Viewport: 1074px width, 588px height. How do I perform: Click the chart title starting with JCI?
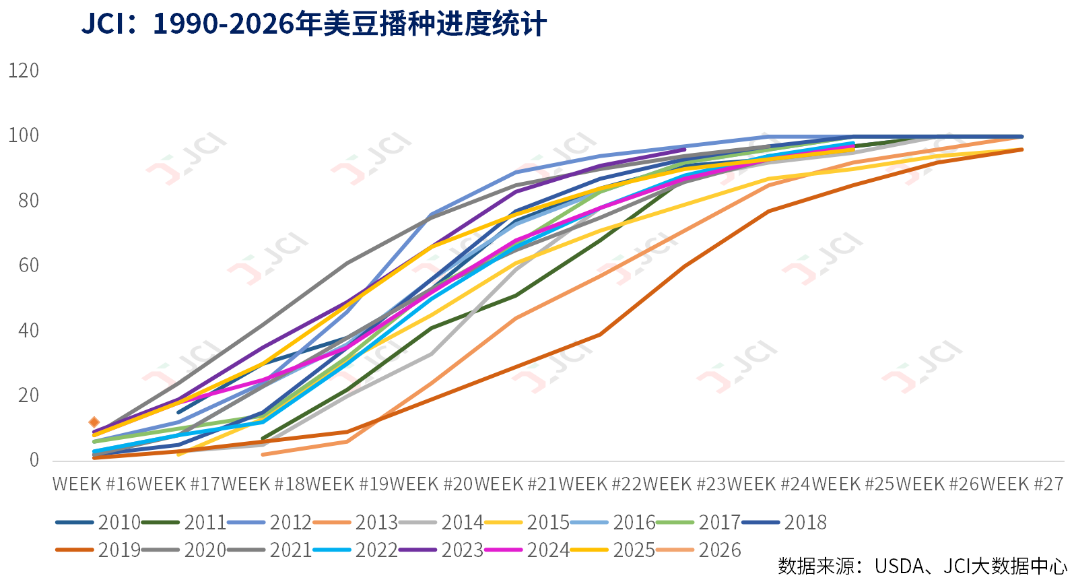tap(314, 24)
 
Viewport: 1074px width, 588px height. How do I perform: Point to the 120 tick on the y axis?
tap(24, 71)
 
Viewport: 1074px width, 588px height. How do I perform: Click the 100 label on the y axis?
tap(24, 136)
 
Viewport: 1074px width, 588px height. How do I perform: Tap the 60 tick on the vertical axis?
tap(29, 265)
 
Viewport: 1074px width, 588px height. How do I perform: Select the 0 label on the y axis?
tap(34, 460)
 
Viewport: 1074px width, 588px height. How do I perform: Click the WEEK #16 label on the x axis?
tap(94, 484)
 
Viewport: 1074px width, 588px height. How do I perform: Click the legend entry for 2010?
tap(98, 522)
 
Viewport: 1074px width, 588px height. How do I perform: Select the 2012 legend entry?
tap(269, 522)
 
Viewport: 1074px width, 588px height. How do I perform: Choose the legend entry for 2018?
tap(784, 522)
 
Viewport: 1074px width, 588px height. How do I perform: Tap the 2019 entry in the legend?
tap(98, 550)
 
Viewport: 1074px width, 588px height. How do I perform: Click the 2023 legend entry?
tap(441, 550)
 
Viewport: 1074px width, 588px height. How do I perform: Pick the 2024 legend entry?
tap(527, 550)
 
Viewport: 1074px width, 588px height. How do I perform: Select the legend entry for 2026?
tap(698, 550)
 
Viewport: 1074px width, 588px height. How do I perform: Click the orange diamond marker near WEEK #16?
tap(94, 422)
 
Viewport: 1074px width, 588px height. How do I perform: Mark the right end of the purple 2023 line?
tap(685, 150)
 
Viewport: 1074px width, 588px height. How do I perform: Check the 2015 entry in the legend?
tap(527, 522)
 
